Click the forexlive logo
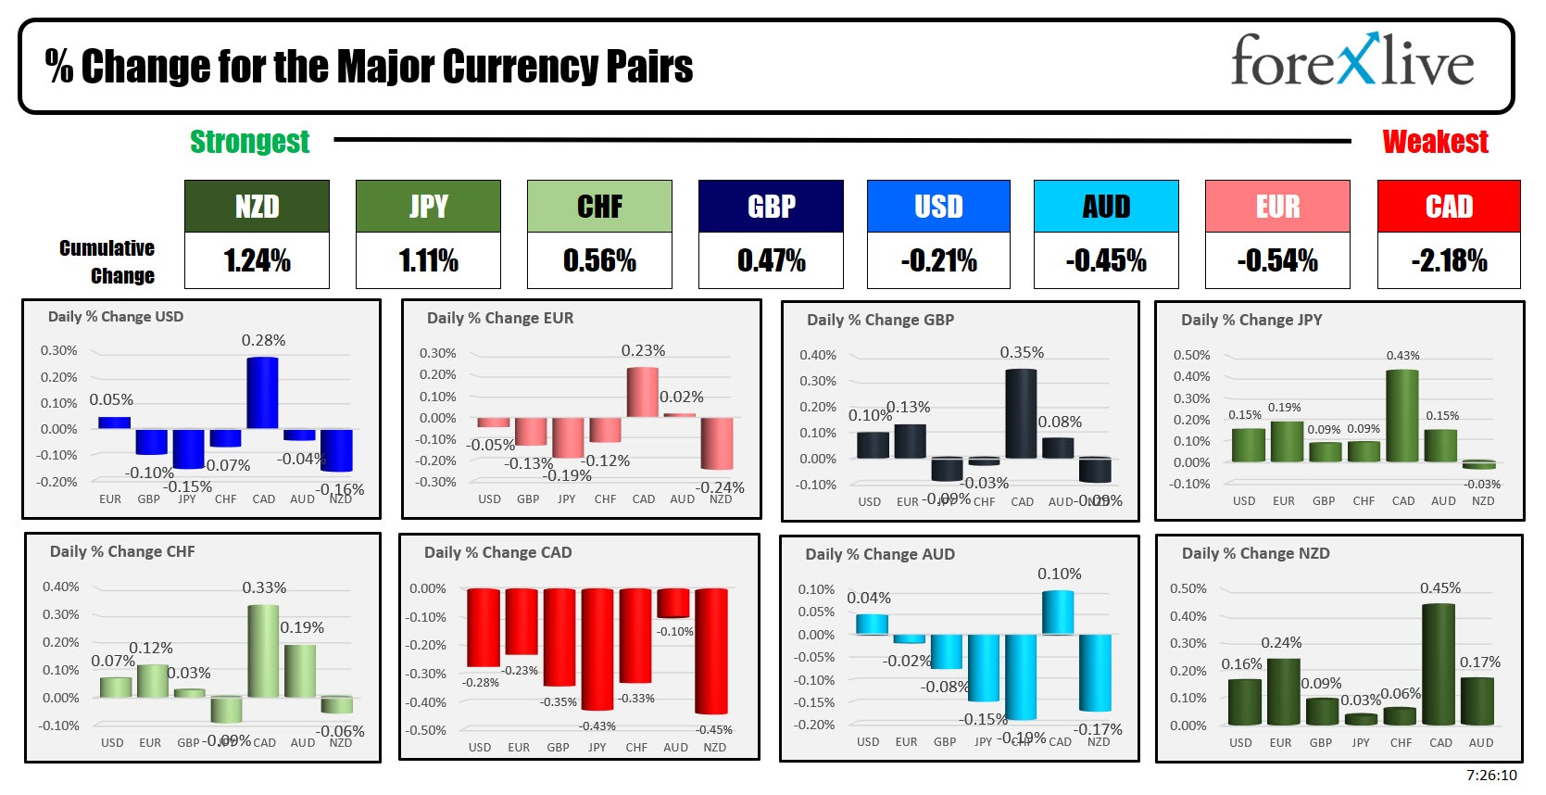click(x=1351, y=61)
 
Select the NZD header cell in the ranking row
click(x=257, y=207)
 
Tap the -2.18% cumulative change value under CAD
click(x=1449, y=261)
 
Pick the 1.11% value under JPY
click(x=428, y=261)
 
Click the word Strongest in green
click(x=249, y=142)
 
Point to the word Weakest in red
click(x=1435, y=142)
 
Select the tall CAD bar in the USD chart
click(x=262, y=393)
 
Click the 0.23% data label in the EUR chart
click(x=643, y=350)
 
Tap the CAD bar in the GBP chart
click(x=1021, y=413)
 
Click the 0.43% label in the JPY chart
click(x=1402, y=356)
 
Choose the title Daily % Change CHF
click(x=122, y=551)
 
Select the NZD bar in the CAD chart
click(x=711, y=650)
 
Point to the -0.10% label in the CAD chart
click(x=675, y=631)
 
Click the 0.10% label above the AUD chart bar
click(x=1059, y=574)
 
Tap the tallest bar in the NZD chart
click(x=1439, y=663)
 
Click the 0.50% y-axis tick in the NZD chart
click(x=1188, y=588)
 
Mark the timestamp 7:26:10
click(x=1491, y=776)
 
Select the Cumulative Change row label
click(x=107, y=261)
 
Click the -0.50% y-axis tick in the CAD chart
click(x=427, y=730)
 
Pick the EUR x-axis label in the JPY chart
click(x=1283, y=500)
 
